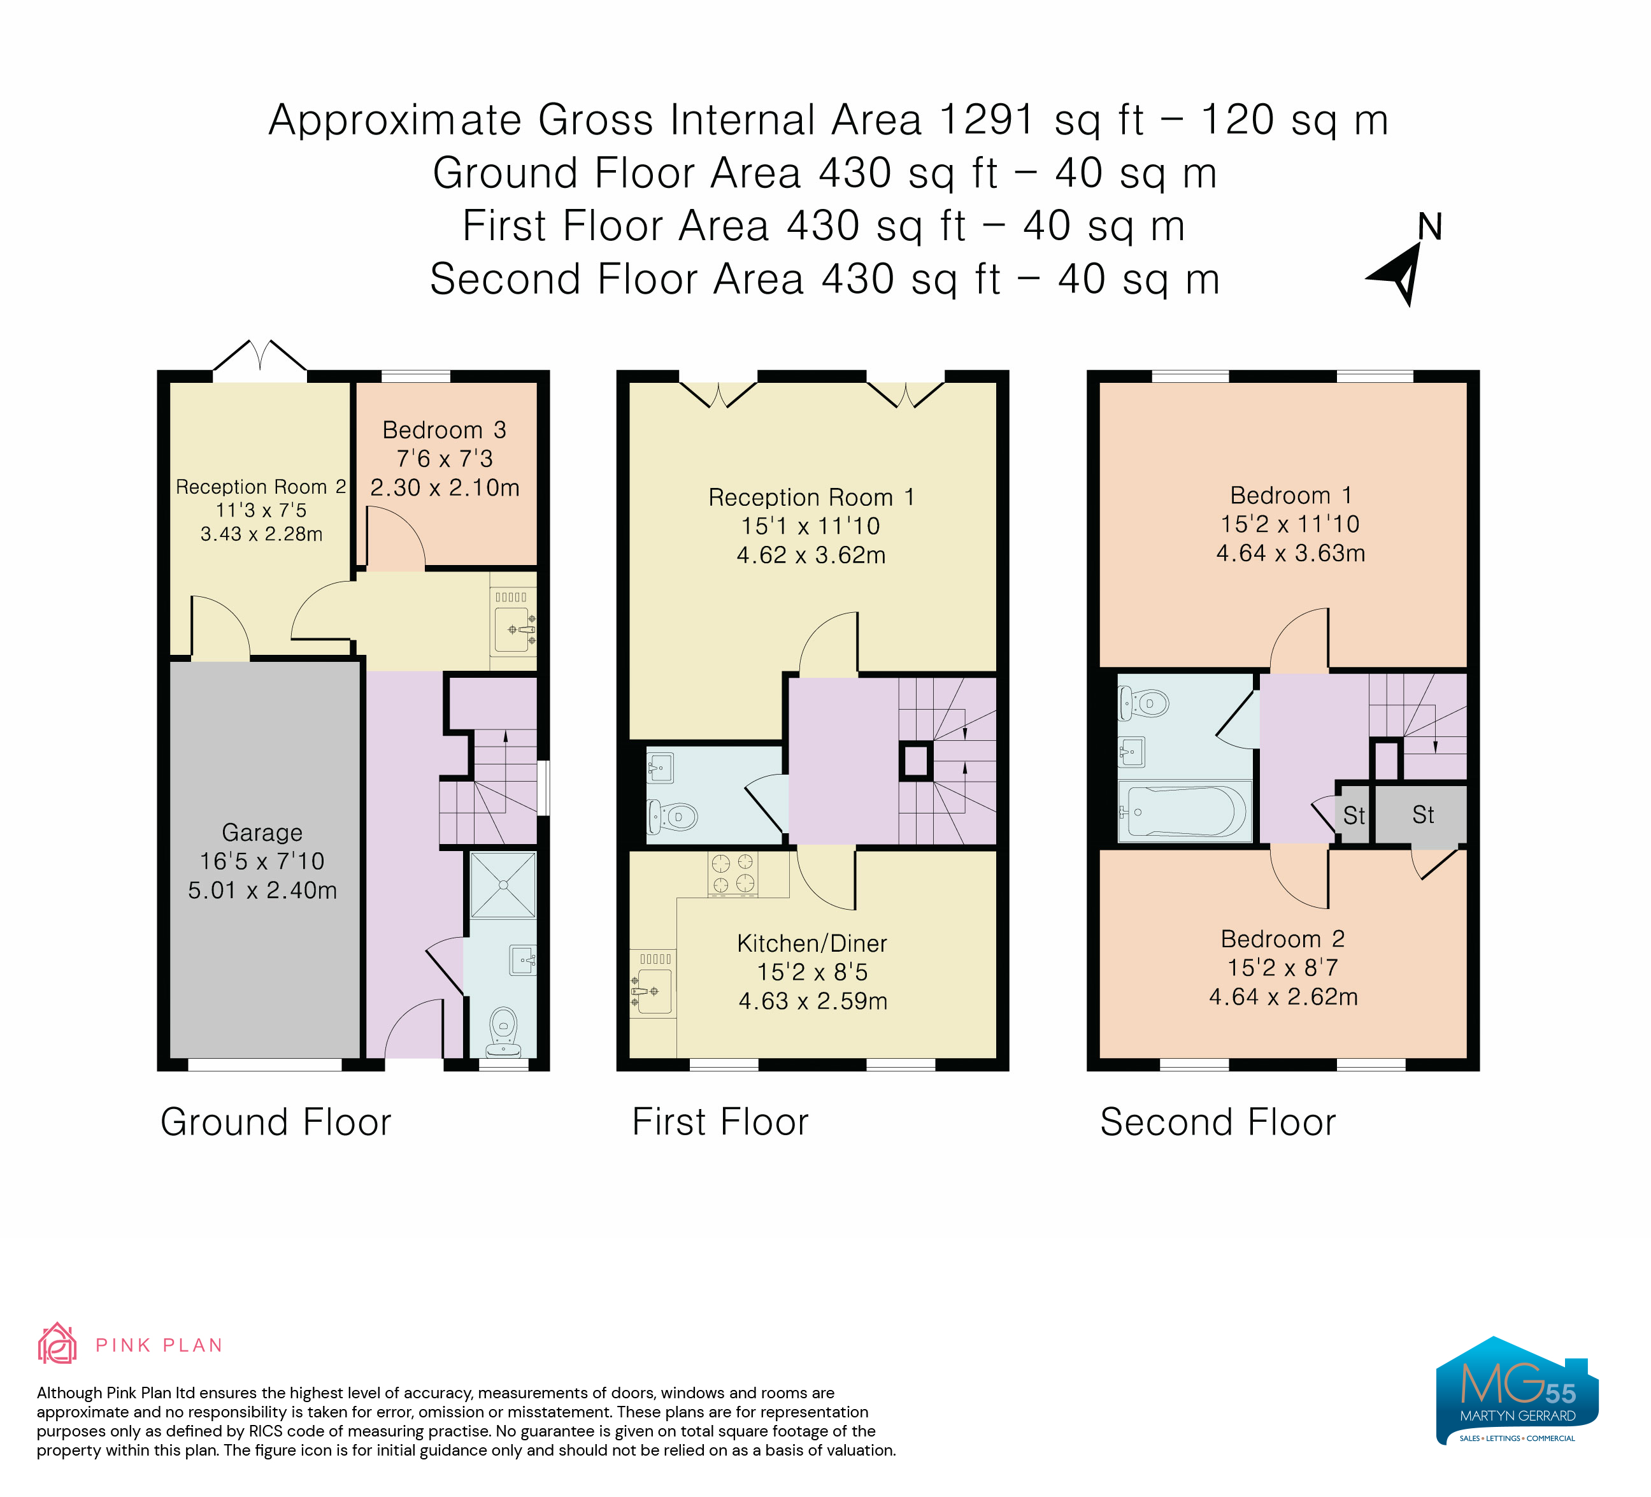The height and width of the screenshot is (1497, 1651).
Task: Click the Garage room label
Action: [x=262, y=832]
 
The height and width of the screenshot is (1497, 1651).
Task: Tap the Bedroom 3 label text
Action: [x=445, y=430]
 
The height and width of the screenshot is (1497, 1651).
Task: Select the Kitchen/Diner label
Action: [x=812, y=943]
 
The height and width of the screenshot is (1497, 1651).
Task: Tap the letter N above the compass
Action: [x=1430, y=227]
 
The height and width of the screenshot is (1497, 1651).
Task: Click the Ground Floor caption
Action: [x=276, y=1122]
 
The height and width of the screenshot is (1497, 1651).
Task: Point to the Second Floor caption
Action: [x=1218, y=1122]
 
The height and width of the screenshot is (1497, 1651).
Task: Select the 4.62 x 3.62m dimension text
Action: [x=811, y=555]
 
